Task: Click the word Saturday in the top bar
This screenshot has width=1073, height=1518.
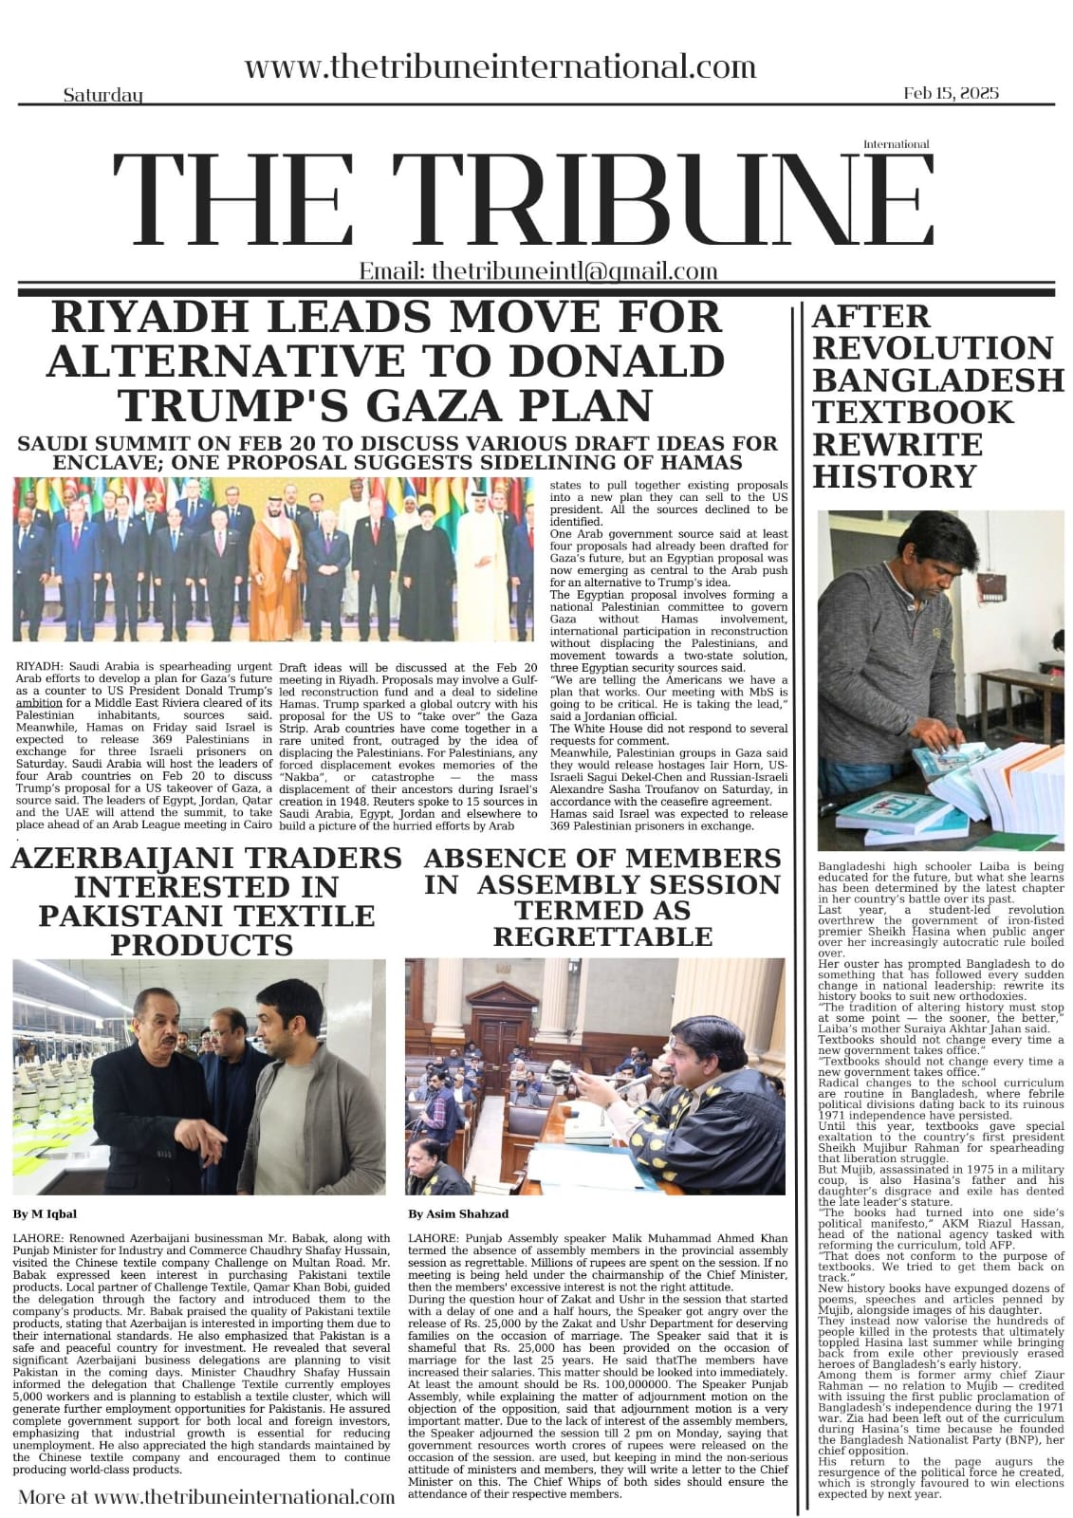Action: pos(103,95)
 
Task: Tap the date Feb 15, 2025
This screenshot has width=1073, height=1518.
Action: pos(951,93)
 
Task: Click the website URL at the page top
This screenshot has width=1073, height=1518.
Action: pos(500,67)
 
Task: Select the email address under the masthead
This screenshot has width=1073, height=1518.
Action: pos(538,271)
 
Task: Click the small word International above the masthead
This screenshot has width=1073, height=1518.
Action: pos(896,144)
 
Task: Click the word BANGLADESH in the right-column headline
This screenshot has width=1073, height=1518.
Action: pos(937,379)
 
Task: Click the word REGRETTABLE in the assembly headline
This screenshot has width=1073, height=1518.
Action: pos(602,936)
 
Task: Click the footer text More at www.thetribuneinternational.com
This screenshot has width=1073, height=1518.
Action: pos(206,1497)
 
